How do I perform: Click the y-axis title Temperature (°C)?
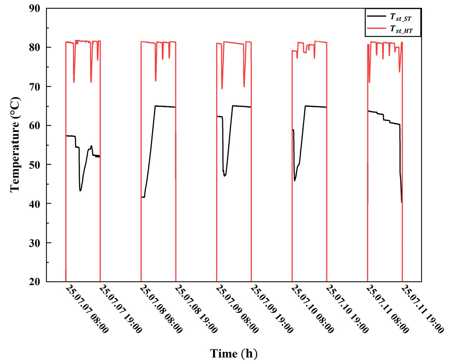coord(15,145)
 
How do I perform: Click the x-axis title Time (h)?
coord(233,353)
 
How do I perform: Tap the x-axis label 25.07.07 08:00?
coord(86,310)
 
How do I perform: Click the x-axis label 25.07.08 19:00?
coord(196,310)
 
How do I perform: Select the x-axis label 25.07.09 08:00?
coord(237,310)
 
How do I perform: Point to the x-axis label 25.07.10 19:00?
coord(347,310)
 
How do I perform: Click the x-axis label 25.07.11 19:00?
coord(423,310)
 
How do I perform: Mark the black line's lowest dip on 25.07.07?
coord(80,190)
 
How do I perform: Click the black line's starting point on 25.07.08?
coord(142,197)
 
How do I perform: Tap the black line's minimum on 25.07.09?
coord(224,176)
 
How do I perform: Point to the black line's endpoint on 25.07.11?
coord(402,202)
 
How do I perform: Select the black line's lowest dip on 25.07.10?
coord(295,181)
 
